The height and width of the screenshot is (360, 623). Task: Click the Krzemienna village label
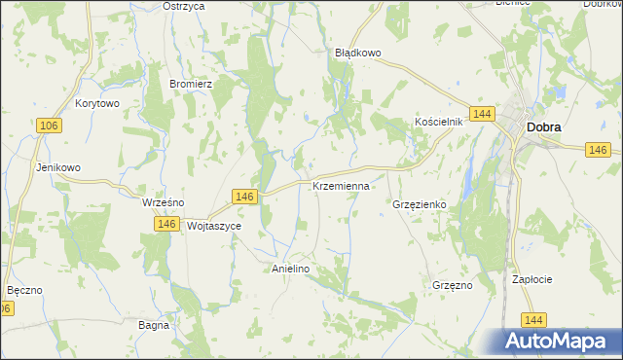pyautogui.click(x=341, y=185)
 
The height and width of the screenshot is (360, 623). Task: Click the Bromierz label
pyautogui.click(x=191, y=84)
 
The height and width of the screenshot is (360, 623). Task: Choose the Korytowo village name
pyautogui.click(x=96, y=103)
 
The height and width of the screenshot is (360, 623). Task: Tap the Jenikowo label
pyautogui.click(x=57, y=167)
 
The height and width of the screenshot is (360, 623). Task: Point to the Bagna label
pyautogui.click(x=154, y=325)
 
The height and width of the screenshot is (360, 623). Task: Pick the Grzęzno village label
pyautogui.click(x=452, y=285)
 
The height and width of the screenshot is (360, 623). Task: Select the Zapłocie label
pyautogui.click(x=532, y=279)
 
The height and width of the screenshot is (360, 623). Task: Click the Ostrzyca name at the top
pyautogui.click(x=184, y=6)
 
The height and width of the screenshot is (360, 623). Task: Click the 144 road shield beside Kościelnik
pyautogui.click(x=480, y=114)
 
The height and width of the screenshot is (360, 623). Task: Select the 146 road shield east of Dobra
pyautogui.click(x=599, y=150)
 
